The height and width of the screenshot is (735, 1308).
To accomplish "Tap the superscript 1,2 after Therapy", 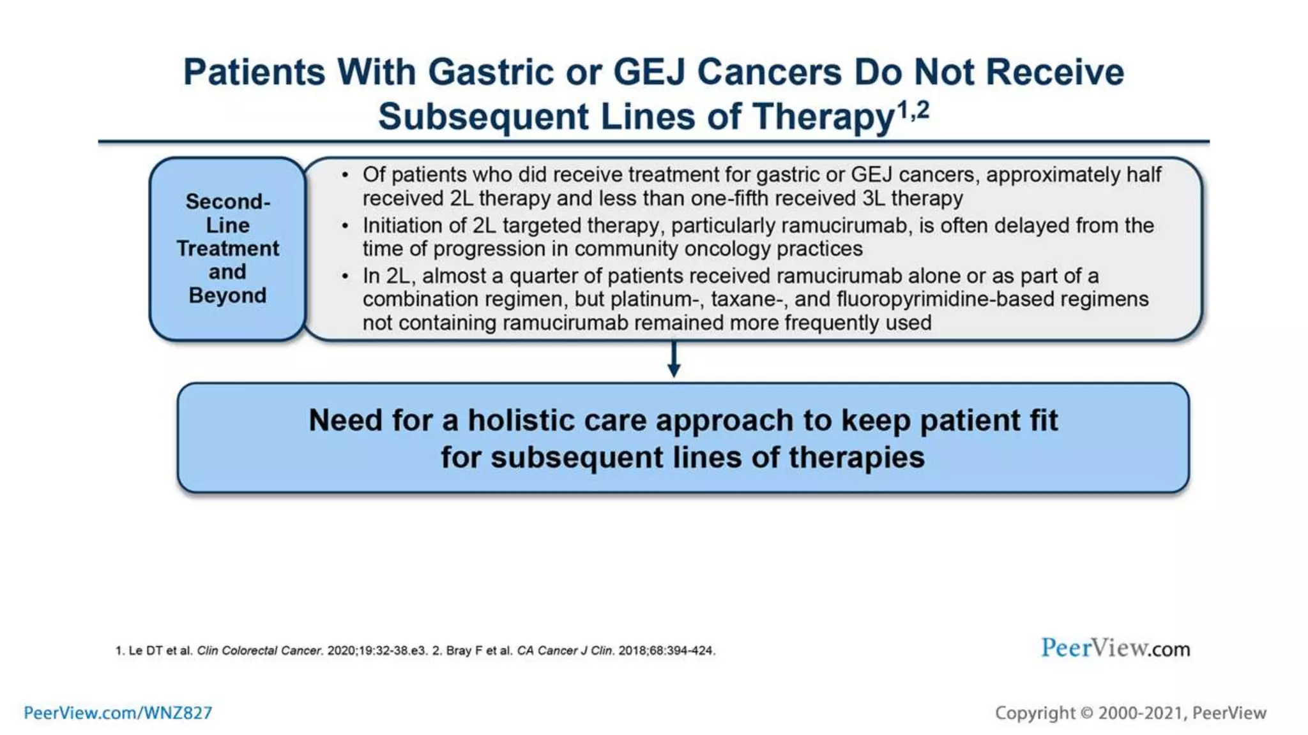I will point(913,110).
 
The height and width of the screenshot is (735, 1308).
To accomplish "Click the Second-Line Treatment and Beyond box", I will point(227,249).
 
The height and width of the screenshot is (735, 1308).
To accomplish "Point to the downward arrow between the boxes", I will point(673,360).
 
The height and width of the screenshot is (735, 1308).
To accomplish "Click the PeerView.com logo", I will point(1115,648).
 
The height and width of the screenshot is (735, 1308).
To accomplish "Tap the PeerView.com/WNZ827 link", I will point(118,713).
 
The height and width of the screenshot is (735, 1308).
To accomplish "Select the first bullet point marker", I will point(345,175).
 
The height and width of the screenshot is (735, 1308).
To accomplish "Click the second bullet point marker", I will point(345,226).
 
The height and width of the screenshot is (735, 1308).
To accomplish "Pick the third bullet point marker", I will point(345,276).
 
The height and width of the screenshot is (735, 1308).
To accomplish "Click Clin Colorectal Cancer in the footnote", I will point(259,651).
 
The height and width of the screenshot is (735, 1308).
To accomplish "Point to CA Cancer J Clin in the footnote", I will point(565,651).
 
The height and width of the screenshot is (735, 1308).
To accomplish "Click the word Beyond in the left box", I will point(227,295).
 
